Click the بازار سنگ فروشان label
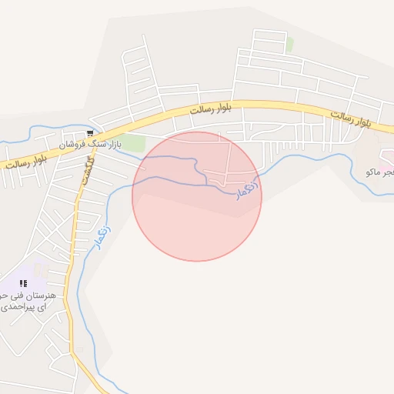[x=91, y=145]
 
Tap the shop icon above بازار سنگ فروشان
[x=91, y=133]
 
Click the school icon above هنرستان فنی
[x=23, y=283]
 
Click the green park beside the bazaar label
[x=132, y=142]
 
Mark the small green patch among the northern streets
[x=289, y=45]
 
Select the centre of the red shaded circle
[x=197, y=196]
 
